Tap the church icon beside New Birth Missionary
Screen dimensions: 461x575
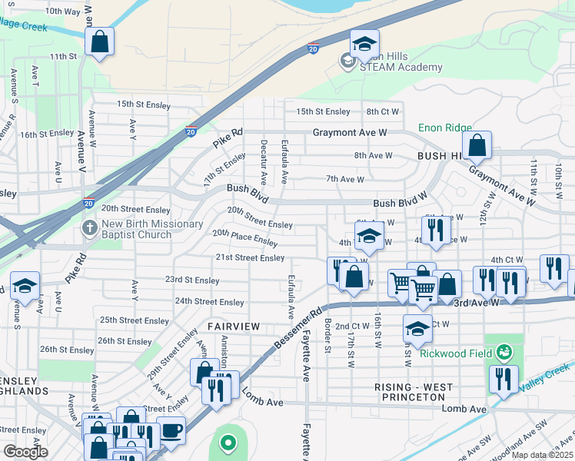pos(90,229)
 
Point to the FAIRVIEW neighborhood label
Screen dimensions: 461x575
pos(233,327)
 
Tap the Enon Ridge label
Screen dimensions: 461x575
pos(444,128)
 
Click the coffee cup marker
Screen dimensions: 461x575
pos(171,430)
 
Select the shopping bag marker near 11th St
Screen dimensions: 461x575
pos(100,41)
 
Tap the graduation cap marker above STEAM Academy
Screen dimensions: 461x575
pos(364,43)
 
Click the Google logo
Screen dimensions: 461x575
pos(25,452)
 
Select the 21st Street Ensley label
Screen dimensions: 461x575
pos(250,257)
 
